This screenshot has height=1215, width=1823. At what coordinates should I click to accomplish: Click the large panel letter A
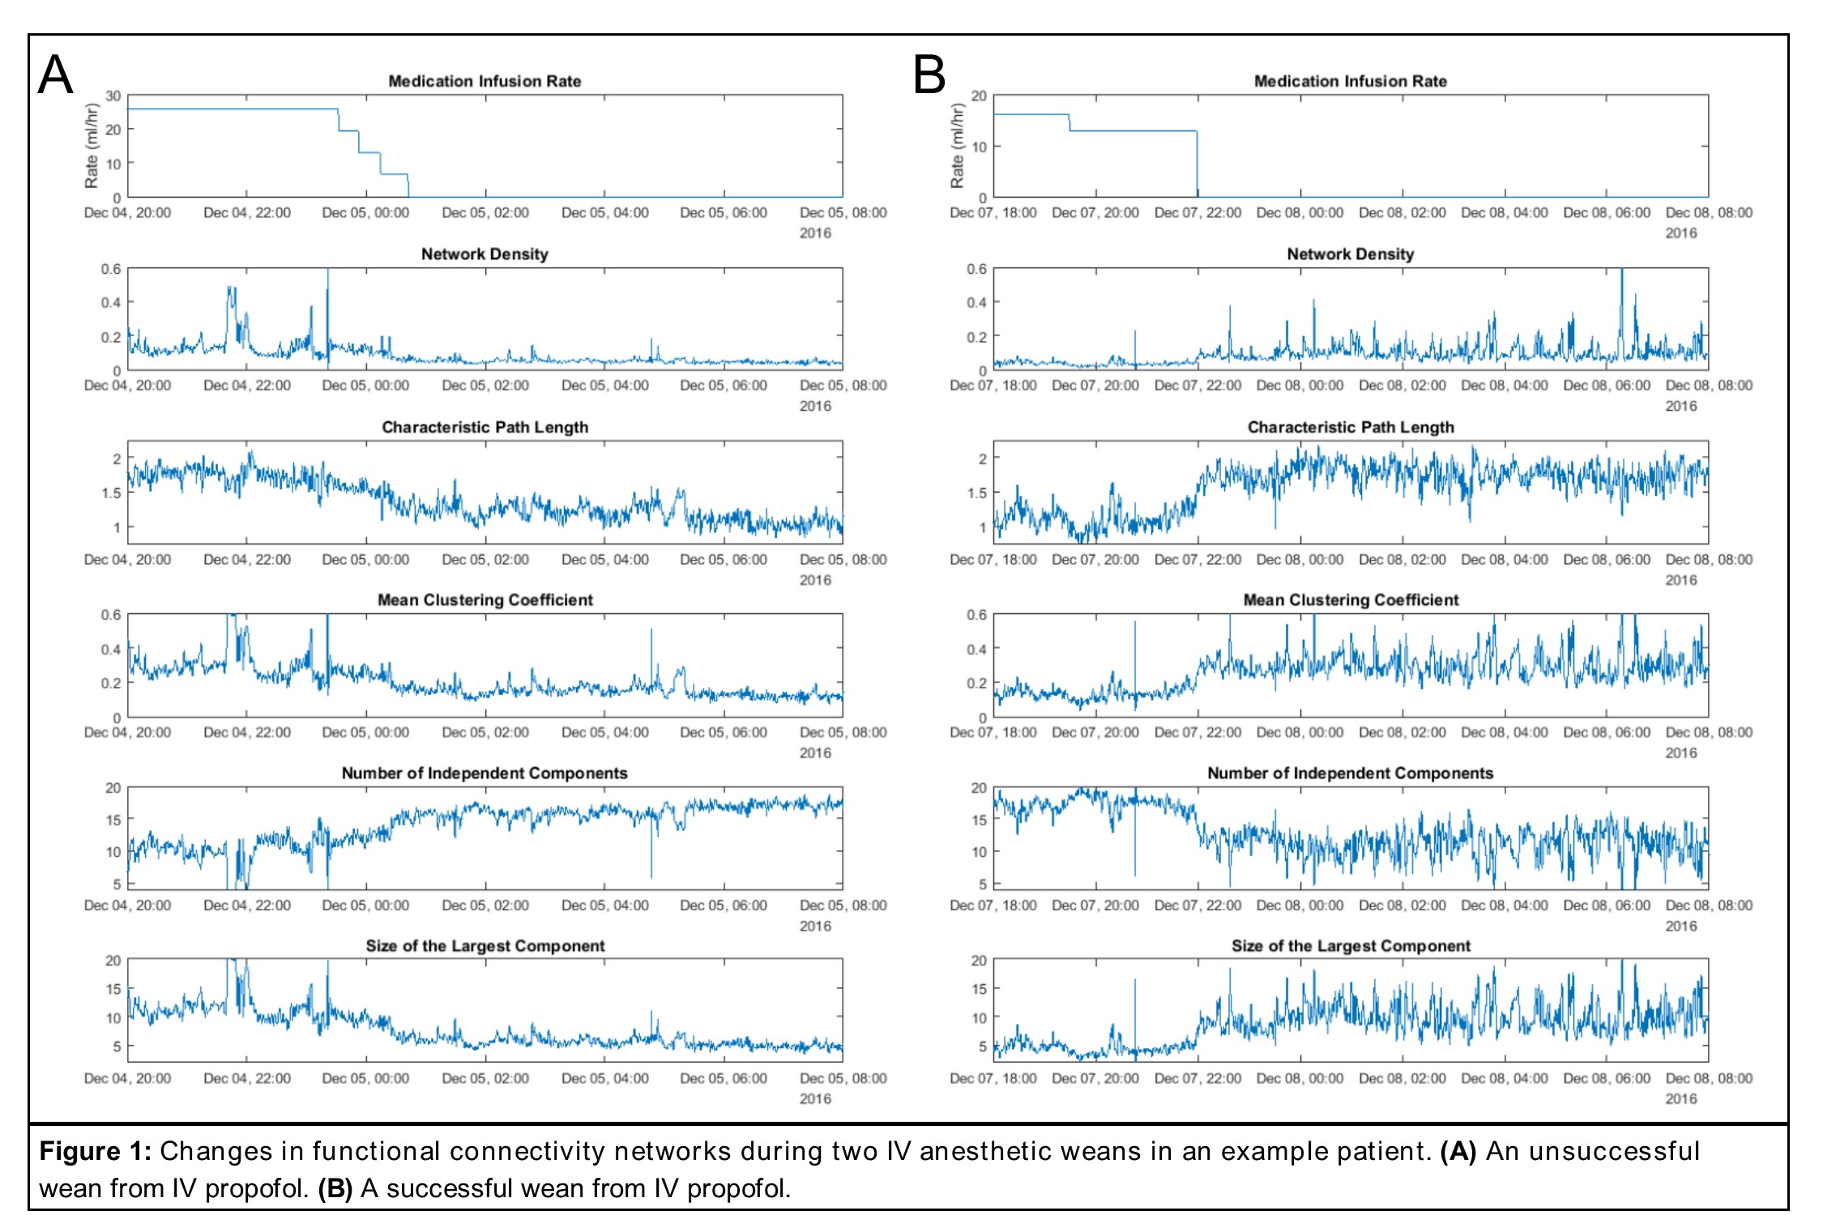[55, 75]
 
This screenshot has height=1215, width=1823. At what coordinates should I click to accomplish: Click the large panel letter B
[929, 75]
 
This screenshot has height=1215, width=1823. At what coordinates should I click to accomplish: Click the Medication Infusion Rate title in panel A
[485, 81]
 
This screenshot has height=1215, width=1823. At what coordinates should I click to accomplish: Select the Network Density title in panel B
[1350, 254]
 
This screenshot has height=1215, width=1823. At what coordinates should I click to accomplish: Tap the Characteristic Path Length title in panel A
[485, 427]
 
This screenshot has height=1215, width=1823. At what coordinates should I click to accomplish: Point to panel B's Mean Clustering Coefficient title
[1350, 600]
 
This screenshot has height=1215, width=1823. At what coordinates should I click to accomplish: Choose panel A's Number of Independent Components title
[485, 773]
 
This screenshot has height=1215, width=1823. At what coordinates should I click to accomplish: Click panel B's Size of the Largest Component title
[1350, 946]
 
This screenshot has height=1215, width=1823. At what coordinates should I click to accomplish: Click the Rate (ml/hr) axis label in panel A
[92, 146]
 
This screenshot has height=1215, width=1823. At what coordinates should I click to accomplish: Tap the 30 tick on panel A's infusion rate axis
[113, 96]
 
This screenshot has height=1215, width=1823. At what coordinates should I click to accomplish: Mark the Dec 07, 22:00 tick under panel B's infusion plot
[1198, 213]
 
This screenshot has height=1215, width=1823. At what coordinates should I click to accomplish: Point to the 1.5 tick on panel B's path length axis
[977, 492]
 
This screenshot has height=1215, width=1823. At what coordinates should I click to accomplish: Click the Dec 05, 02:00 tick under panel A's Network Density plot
[485, 386]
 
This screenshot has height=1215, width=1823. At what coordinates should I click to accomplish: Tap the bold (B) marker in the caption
[335, 1188]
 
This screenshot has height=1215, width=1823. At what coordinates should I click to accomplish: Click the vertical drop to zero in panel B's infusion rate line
[1197, 166]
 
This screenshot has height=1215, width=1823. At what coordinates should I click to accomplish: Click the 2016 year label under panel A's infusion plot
[815, 233]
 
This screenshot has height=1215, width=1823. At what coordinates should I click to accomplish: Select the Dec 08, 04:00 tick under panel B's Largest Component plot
[1505, 1079]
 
